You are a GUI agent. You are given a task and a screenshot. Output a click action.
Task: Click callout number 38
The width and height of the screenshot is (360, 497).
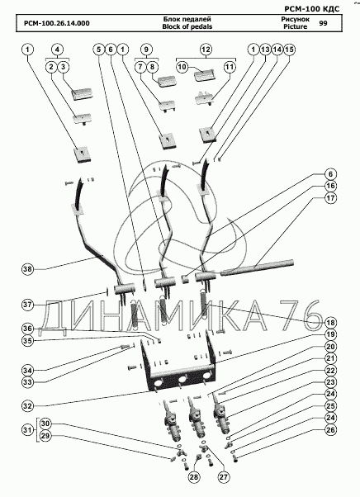[x=27, y=269]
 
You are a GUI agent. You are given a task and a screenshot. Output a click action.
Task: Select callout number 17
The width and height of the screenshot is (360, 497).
[x=330, y=198]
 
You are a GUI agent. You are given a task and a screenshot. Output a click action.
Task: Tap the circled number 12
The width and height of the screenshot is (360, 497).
[x=206, y=50]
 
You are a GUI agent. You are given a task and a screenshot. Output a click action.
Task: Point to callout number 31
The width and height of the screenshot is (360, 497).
[x=28, y=430]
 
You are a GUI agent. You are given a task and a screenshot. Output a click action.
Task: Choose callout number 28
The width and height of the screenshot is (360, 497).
[x=195, y=477]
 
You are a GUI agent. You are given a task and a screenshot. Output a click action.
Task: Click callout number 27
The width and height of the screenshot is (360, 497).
[x=224, y=477]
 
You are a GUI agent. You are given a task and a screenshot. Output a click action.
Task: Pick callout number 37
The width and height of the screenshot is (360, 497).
[x=27, y=305]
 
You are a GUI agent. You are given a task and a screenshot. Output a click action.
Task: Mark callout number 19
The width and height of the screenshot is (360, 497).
[x=330, y=334]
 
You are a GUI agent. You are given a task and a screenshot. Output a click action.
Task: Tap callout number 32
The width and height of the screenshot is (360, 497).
[x=27, y=406]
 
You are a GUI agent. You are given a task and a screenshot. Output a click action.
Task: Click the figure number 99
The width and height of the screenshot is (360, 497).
[x=323, y=23]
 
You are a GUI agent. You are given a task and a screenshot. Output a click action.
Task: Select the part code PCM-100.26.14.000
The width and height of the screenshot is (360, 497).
[x=56, y=23]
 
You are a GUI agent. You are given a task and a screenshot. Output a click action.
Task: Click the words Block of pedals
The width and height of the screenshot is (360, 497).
[x=187, y=26]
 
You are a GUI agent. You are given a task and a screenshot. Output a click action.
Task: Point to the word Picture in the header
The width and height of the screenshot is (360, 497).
[x=296, y=26]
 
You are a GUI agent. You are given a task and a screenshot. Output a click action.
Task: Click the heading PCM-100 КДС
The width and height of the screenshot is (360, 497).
[x=311, y=9]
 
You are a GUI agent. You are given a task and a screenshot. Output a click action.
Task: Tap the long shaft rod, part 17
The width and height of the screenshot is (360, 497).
[x=258, y=267]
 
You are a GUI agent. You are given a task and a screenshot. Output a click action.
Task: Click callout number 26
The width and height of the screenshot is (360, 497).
[x=330, y=430]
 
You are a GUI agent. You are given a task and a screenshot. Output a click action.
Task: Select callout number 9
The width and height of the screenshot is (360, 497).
[x=146, y=50]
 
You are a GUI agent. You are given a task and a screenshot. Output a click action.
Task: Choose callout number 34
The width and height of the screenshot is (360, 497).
[x=27, y=370]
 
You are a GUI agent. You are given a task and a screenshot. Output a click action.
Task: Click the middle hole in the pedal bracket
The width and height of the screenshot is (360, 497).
[x=182, y=380]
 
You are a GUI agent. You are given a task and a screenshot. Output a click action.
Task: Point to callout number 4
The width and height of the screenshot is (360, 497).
[x=57, y=50]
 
